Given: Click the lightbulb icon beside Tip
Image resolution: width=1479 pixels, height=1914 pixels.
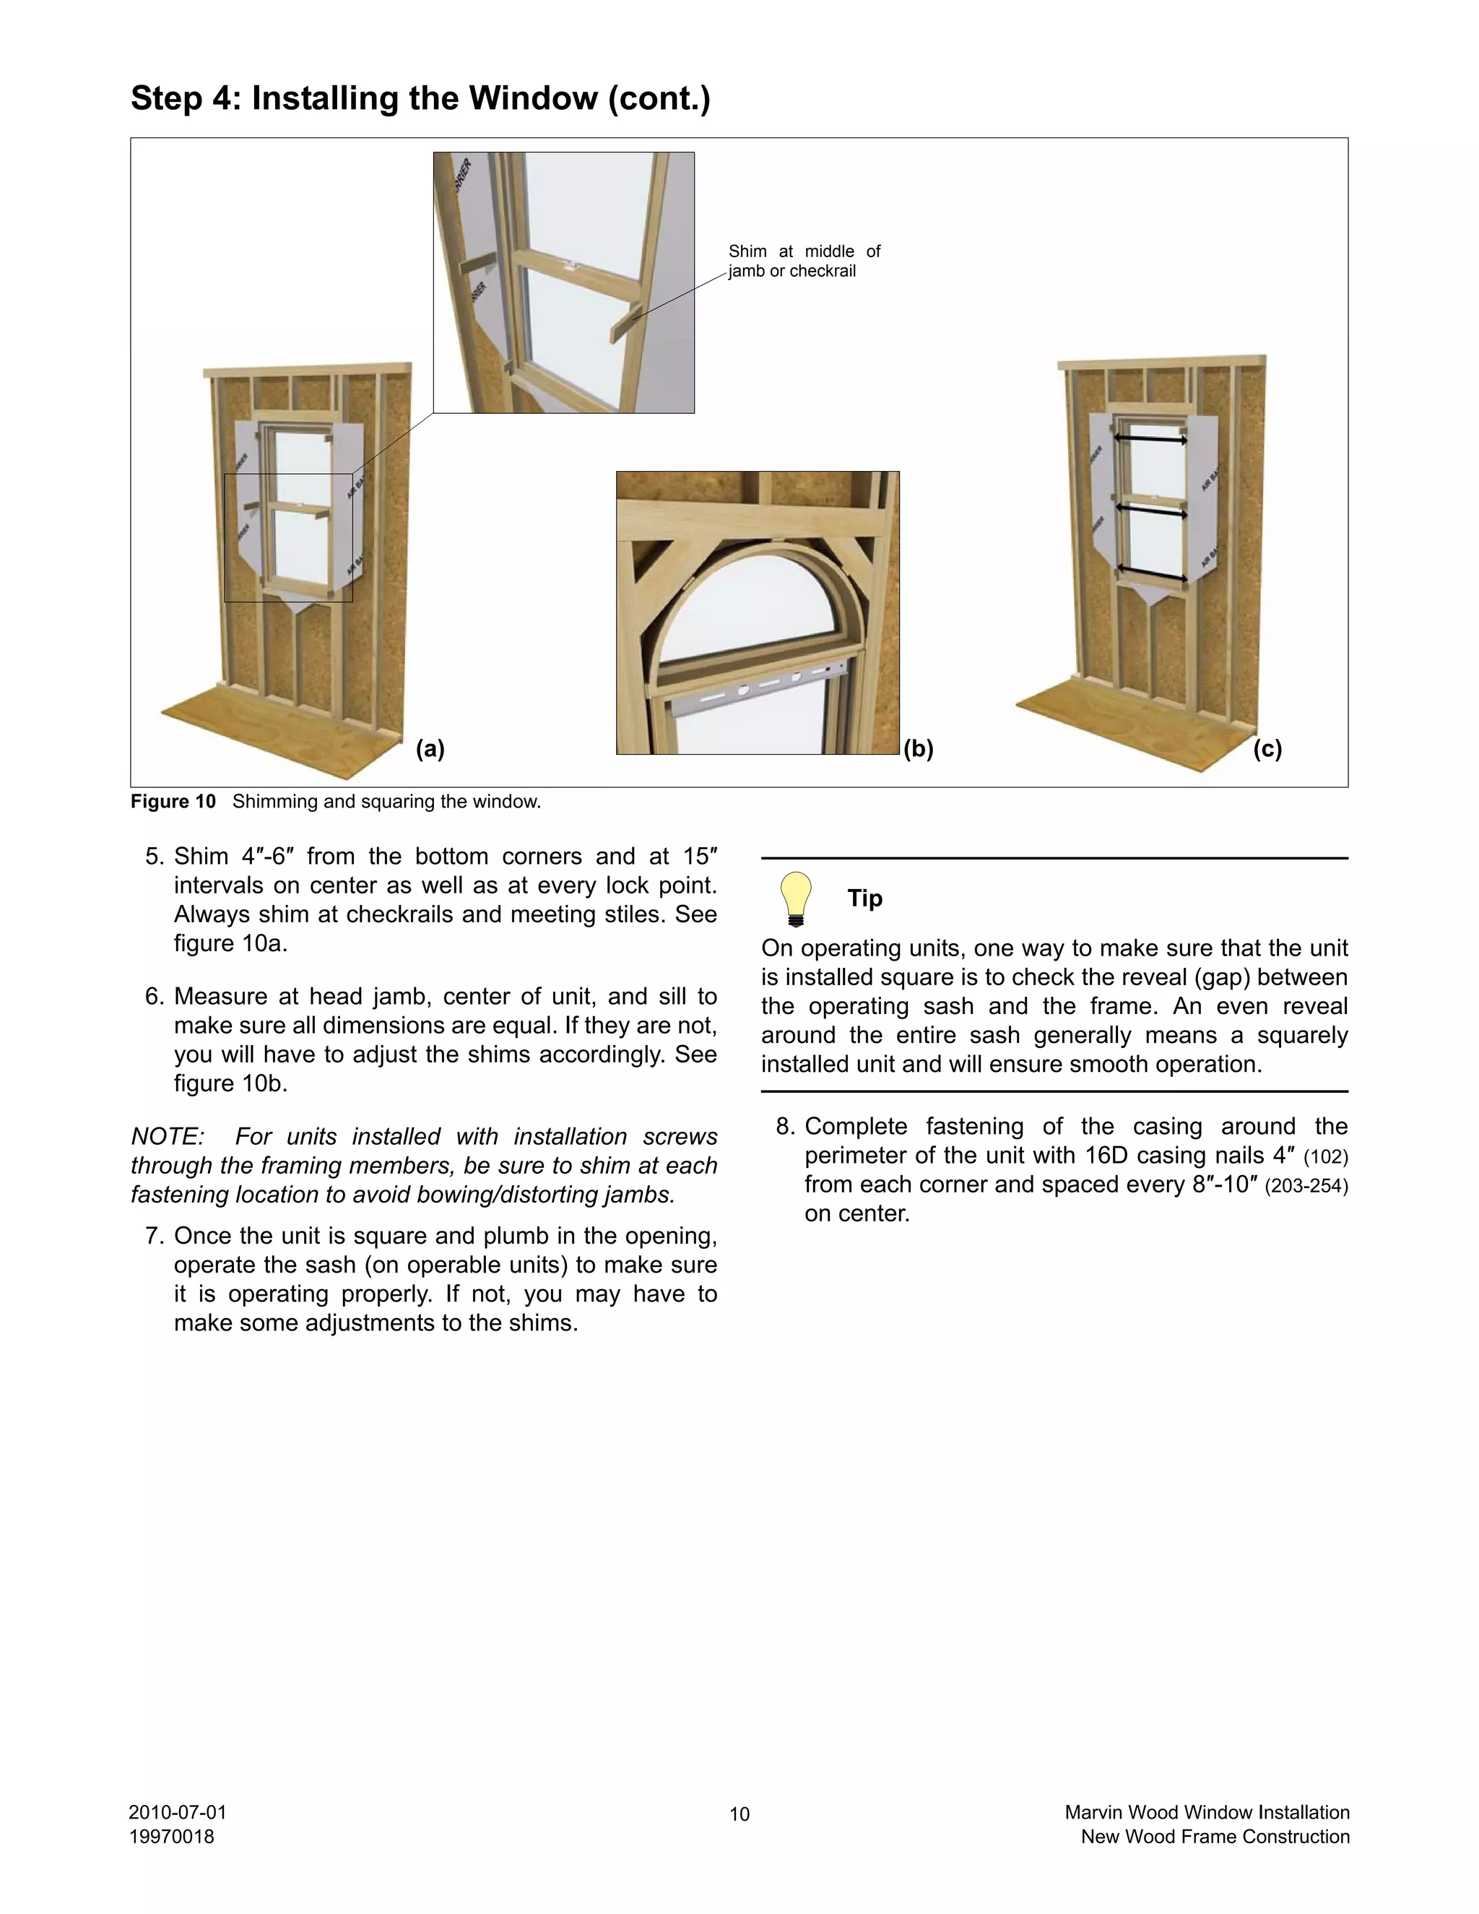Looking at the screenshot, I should tap(796, 898).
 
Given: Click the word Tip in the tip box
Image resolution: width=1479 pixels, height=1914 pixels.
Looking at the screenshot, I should tap(864, 898).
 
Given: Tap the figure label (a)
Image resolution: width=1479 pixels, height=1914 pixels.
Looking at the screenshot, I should tap(430, 748).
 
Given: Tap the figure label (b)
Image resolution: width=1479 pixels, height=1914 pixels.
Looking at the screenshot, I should tap(919, 748).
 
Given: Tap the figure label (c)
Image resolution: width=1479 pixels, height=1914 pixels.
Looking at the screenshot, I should tap(1267, 748).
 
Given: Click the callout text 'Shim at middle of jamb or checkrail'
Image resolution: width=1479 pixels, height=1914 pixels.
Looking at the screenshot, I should tap(804, 261).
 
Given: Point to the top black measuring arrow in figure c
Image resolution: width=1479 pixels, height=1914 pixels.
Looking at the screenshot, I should tap(1150, 438).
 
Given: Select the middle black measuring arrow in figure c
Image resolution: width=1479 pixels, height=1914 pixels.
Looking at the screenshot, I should tap(1150, 510).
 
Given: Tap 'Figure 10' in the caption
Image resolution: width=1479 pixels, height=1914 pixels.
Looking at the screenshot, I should tap(173, 802).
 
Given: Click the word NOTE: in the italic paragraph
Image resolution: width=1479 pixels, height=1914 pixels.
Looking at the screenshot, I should tap(168, 1137).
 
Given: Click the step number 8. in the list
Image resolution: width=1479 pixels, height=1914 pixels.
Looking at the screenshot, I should tap(785, 1126).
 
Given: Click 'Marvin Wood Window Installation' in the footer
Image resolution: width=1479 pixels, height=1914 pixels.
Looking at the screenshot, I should tap(1207, 1812).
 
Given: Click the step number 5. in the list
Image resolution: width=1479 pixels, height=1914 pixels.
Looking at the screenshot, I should tap(155, 856).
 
